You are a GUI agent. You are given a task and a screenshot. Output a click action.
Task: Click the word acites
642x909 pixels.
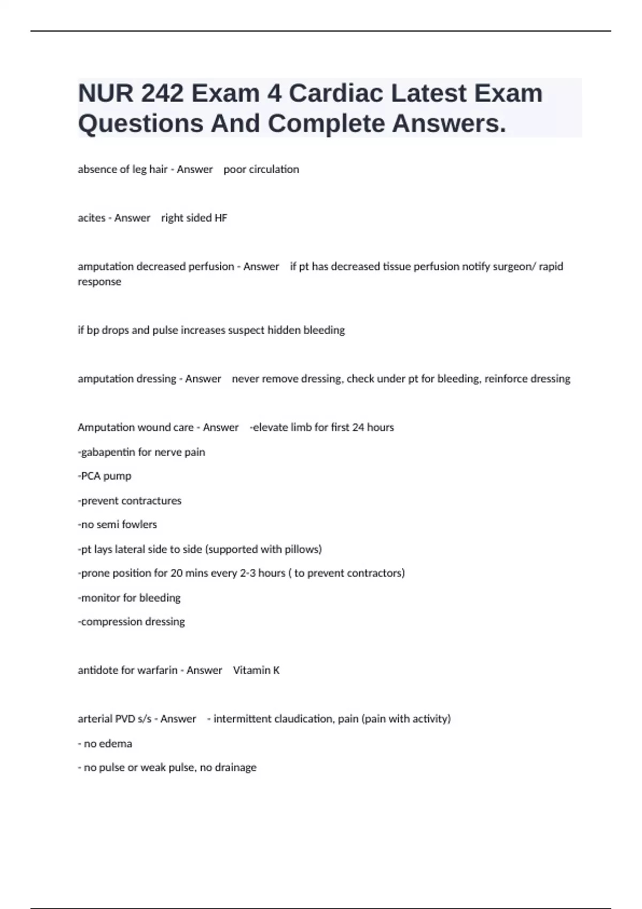[x=91, y=218]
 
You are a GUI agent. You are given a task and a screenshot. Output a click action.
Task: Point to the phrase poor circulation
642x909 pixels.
[x=261, y=170]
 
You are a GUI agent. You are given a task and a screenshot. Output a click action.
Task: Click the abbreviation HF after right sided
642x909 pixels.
[x=220, y=218]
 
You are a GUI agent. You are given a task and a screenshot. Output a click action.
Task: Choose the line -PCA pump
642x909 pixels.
[x=104, y=476]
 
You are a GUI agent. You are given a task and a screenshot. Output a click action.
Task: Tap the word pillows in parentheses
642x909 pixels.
[x=302, y=549]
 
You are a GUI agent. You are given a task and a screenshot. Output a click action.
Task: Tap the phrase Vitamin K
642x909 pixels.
[x=256, y=671]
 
